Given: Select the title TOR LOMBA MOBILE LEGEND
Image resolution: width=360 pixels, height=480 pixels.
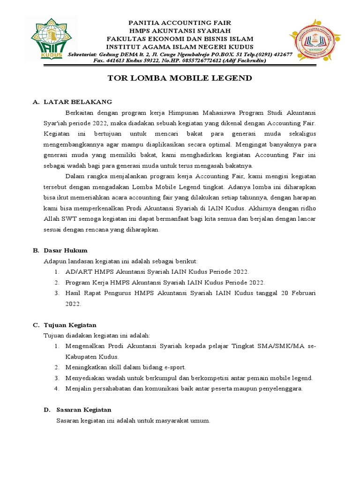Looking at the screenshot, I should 180,78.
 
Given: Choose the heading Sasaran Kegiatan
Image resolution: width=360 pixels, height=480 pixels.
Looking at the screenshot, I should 84,410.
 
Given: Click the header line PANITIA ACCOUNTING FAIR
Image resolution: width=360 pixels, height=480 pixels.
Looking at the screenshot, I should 180,22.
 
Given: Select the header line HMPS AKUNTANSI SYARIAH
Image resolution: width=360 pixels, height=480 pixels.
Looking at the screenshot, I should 180,30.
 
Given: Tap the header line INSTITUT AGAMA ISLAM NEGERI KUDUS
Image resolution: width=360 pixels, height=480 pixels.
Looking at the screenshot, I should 180,47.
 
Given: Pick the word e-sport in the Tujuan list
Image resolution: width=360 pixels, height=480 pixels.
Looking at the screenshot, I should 175,367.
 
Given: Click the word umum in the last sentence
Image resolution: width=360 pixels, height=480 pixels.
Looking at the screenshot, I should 202,420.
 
